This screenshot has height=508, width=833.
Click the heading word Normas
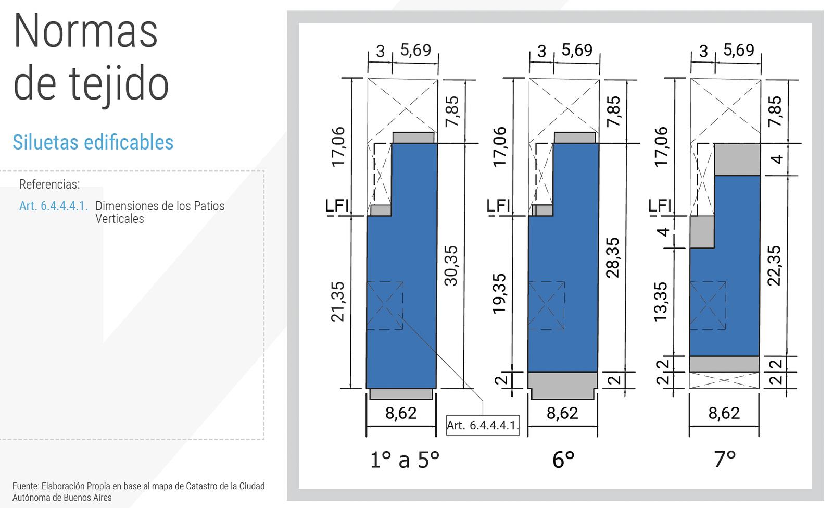85,31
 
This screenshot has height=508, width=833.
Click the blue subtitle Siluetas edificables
93,142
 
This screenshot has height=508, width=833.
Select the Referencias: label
49,184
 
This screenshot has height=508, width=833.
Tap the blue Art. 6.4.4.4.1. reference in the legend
54,206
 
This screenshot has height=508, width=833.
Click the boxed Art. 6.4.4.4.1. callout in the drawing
483,425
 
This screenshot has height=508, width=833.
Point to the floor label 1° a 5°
405,460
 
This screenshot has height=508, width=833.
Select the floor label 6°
563,460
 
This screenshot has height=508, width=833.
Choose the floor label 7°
725,460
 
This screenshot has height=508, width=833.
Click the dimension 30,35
451,265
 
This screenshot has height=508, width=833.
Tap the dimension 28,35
613,257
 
